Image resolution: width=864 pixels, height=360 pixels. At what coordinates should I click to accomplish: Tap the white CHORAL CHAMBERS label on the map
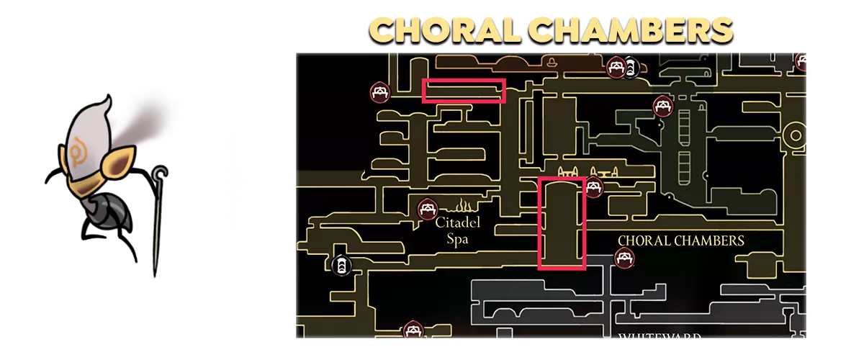[680, 240]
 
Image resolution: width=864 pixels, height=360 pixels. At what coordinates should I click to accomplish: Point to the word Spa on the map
[457, 239]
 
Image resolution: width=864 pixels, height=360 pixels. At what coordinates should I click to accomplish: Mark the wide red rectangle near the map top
[464, 91]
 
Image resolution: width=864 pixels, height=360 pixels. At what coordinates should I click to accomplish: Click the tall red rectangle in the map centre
[562, 222]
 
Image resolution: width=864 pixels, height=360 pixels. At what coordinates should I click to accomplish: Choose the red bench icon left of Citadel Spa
[428, 210]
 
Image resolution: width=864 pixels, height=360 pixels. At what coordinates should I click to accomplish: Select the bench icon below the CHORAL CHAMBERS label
[624, 257]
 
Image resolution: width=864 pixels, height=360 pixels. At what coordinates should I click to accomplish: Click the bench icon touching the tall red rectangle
[593, 188]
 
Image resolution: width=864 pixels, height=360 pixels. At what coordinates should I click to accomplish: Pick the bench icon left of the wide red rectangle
[380, 92]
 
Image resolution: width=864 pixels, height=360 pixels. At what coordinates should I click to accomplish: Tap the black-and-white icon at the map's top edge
[631, 68]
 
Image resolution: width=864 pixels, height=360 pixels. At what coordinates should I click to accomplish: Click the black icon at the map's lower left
[341, 265]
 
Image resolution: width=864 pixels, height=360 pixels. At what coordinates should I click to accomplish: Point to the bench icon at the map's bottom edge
[412, 330]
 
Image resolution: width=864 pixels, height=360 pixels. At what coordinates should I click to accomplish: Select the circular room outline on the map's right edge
[795, 135]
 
